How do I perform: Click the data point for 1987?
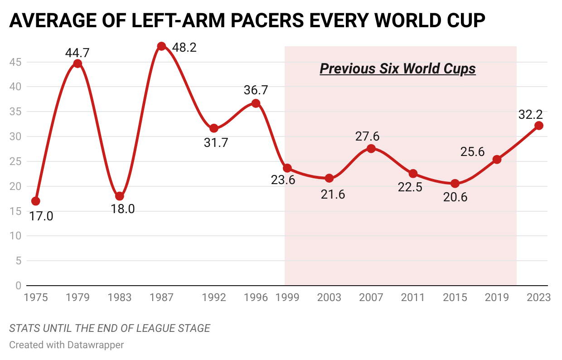click(x=161, y=46)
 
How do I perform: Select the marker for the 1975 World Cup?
click(x=35, y=201)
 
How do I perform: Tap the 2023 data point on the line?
click(x=539, y=126)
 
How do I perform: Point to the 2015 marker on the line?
click(x=455, y=183)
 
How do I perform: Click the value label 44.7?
click(x=77, y=53)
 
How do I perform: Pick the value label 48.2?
click(x=184, y=47)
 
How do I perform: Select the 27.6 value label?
click(x=367, y=136)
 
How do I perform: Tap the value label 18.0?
click(x=123, y=209)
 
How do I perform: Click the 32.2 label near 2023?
click(x=530, y=114)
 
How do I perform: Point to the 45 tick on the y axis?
click(x=16, y=62)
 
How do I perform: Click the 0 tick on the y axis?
click(x=19, y=286)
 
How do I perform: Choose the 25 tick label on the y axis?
click(x=16, y=161)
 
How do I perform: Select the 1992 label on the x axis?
click(x=214, y=297)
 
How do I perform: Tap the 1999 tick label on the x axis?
click(x=287, y=297)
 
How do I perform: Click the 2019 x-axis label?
click(x=497, y=297)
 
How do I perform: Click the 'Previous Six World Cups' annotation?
click(x=397, y=68)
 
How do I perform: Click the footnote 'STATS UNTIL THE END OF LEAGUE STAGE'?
click(x=110, y=328)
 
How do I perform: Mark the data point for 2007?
click(x=371, y=148)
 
